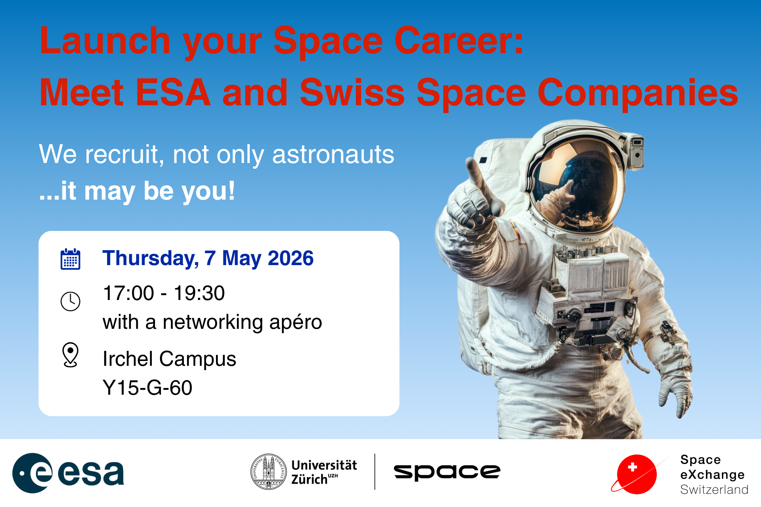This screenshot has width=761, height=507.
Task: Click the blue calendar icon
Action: point(70,259)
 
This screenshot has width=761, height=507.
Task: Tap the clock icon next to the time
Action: point(70,301)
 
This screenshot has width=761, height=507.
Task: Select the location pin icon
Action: point(70,354)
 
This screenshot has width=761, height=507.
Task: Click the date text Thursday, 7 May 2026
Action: point(208,258)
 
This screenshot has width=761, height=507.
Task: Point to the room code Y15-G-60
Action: point(147,388)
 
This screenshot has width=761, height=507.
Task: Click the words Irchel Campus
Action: point(169,359)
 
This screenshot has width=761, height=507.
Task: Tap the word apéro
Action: point(296,322)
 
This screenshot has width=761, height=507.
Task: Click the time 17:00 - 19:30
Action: point(164,293)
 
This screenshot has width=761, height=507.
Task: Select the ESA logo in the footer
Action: point(68,473)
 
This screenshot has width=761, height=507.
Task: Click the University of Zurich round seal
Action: point(268,472)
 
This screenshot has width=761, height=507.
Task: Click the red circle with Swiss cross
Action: point(637,474)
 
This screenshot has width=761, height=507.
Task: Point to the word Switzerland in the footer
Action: point(714,490)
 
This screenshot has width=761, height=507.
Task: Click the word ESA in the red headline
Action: point(173,93)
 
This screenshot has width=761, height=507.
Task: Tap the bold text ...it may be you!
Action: point(137,191)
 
